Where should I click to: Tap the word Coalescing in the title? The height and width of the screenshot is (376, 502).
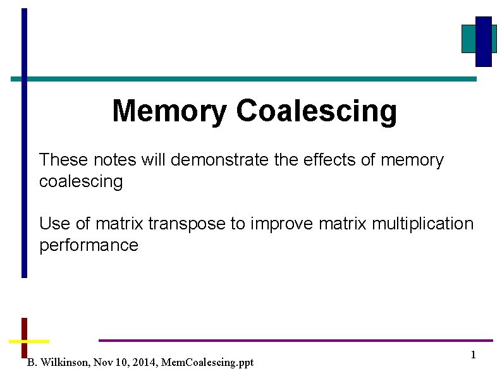click(x=316, y=111)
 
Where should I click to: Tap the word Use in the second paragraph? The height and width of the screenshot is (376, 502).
click(x=52, y=224)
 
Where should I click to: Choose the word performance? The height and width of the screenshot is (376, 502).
click(x=89, y=245)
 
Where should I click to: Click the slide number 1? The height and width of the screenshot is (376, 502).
click(x=473, y=355)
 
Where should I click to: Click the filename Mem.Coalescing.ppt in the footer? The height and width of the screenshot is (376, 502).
click(x=207, y=363)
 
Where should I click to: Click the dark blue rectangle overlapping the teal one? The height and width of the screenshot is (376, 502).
click(x=484, y=41)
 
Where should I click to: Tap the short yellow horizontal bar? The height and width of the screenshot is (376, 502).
click(x=28, y=341)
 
